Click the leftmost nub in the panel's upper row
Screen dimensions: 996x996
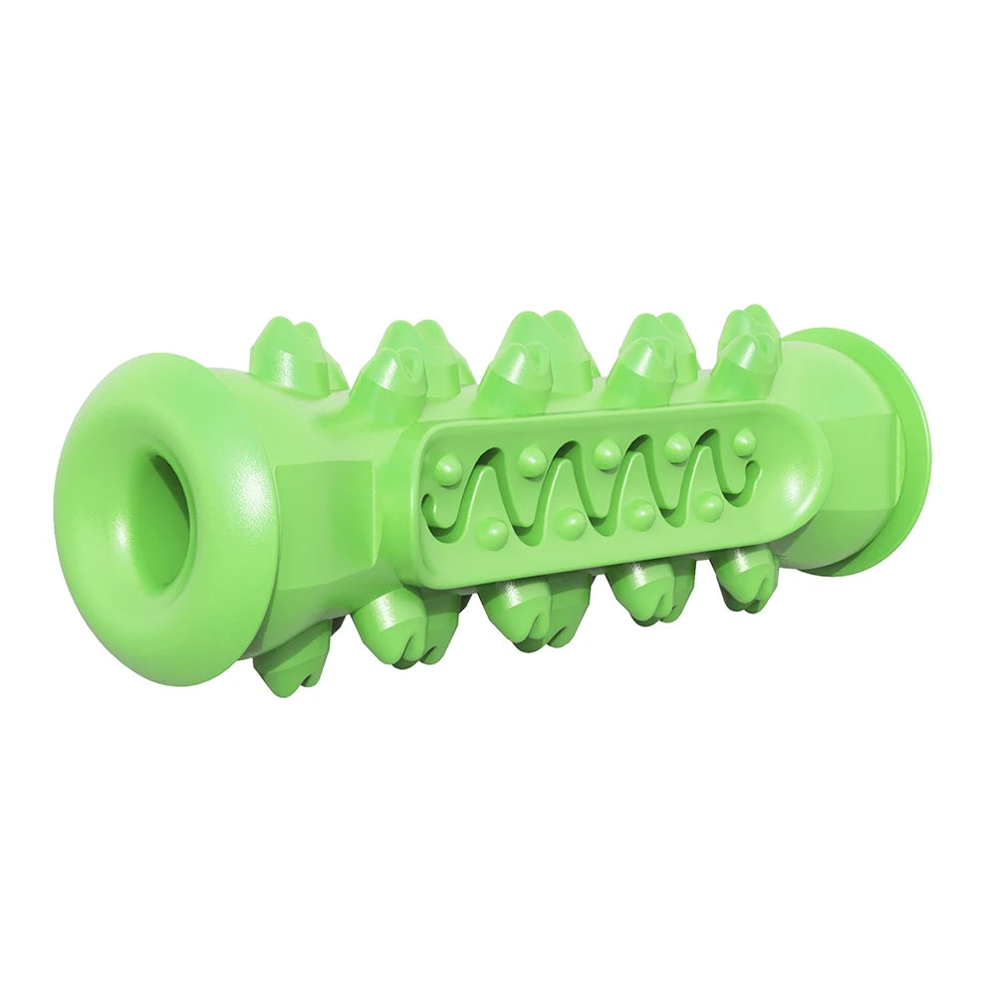pos(448,466)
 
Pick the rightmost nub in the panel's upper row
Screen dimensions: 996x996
pos(744,441)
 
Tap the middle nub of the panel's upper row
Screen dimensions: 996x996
pos(606,454)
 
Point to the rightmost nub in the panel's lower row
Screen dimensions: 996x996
pos(709,506)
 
